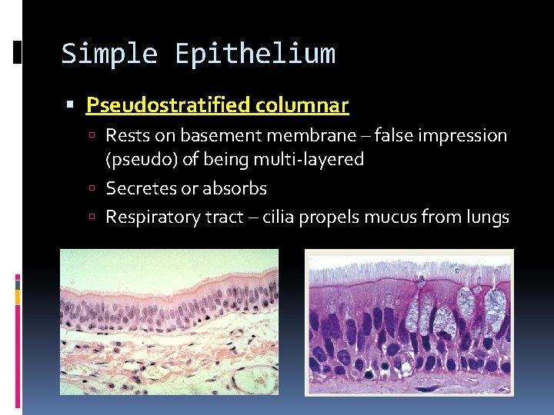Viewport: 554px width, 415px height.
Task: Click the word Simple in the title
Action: click(x=108, y=54)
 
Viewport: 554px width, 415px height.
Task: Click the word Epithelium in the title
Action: click(x=255, y=54)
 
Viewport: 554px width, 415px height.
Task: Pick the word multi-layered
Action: click(x=314, y=160)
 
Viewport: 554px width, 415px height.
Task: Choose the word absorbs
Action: click(x=234, y=188)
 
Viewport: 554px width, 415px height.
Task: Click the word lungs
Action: click(x=486, y=217)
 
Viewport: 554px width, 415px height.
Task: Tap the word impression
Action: click(x=464, y=136)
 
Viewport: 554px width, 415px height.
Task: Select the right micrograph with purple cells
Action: click(x=409, y=330)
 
